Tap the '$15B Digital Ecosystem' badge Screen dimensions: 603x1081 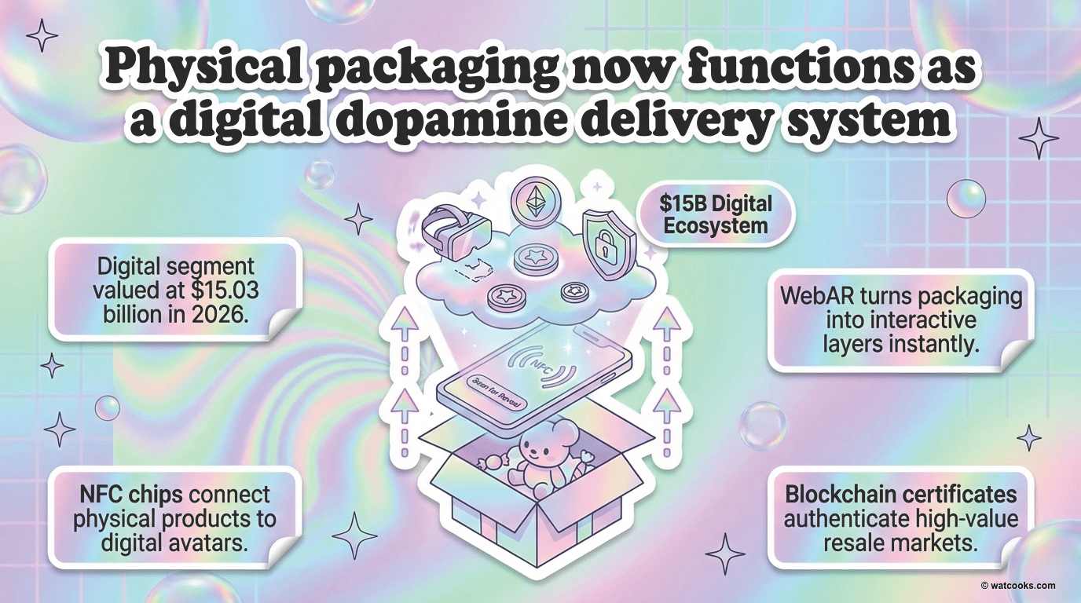coord(715,214)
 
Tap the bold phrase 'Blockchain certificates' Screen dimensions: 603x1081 coord(900,495)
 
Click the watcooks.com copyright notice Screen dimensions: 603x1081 coord(1018,585)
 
